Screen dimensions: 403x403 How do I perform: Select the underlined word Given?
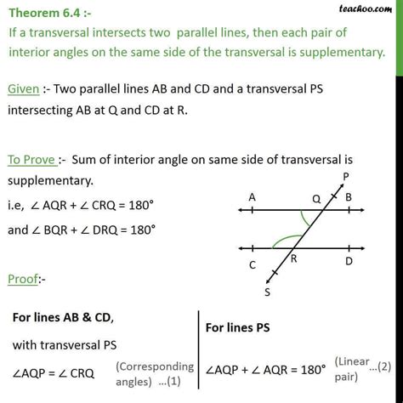(x=26, y=88)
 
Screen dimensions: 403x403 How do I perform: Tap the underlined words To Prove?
(x=34, y=159)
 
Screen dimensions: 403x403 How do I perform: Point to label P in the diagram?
(x=343, y=178)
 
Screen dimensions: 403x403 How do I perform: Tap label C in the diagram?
(x=253, y=264)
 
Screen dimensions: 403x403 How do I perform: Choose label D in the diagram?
(x=349, y=263)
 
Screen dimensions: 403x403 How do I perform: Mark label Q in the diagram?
(x=316, y=197)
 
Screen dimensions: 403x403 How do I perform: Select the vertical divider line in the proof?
(x=199, y=349)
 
